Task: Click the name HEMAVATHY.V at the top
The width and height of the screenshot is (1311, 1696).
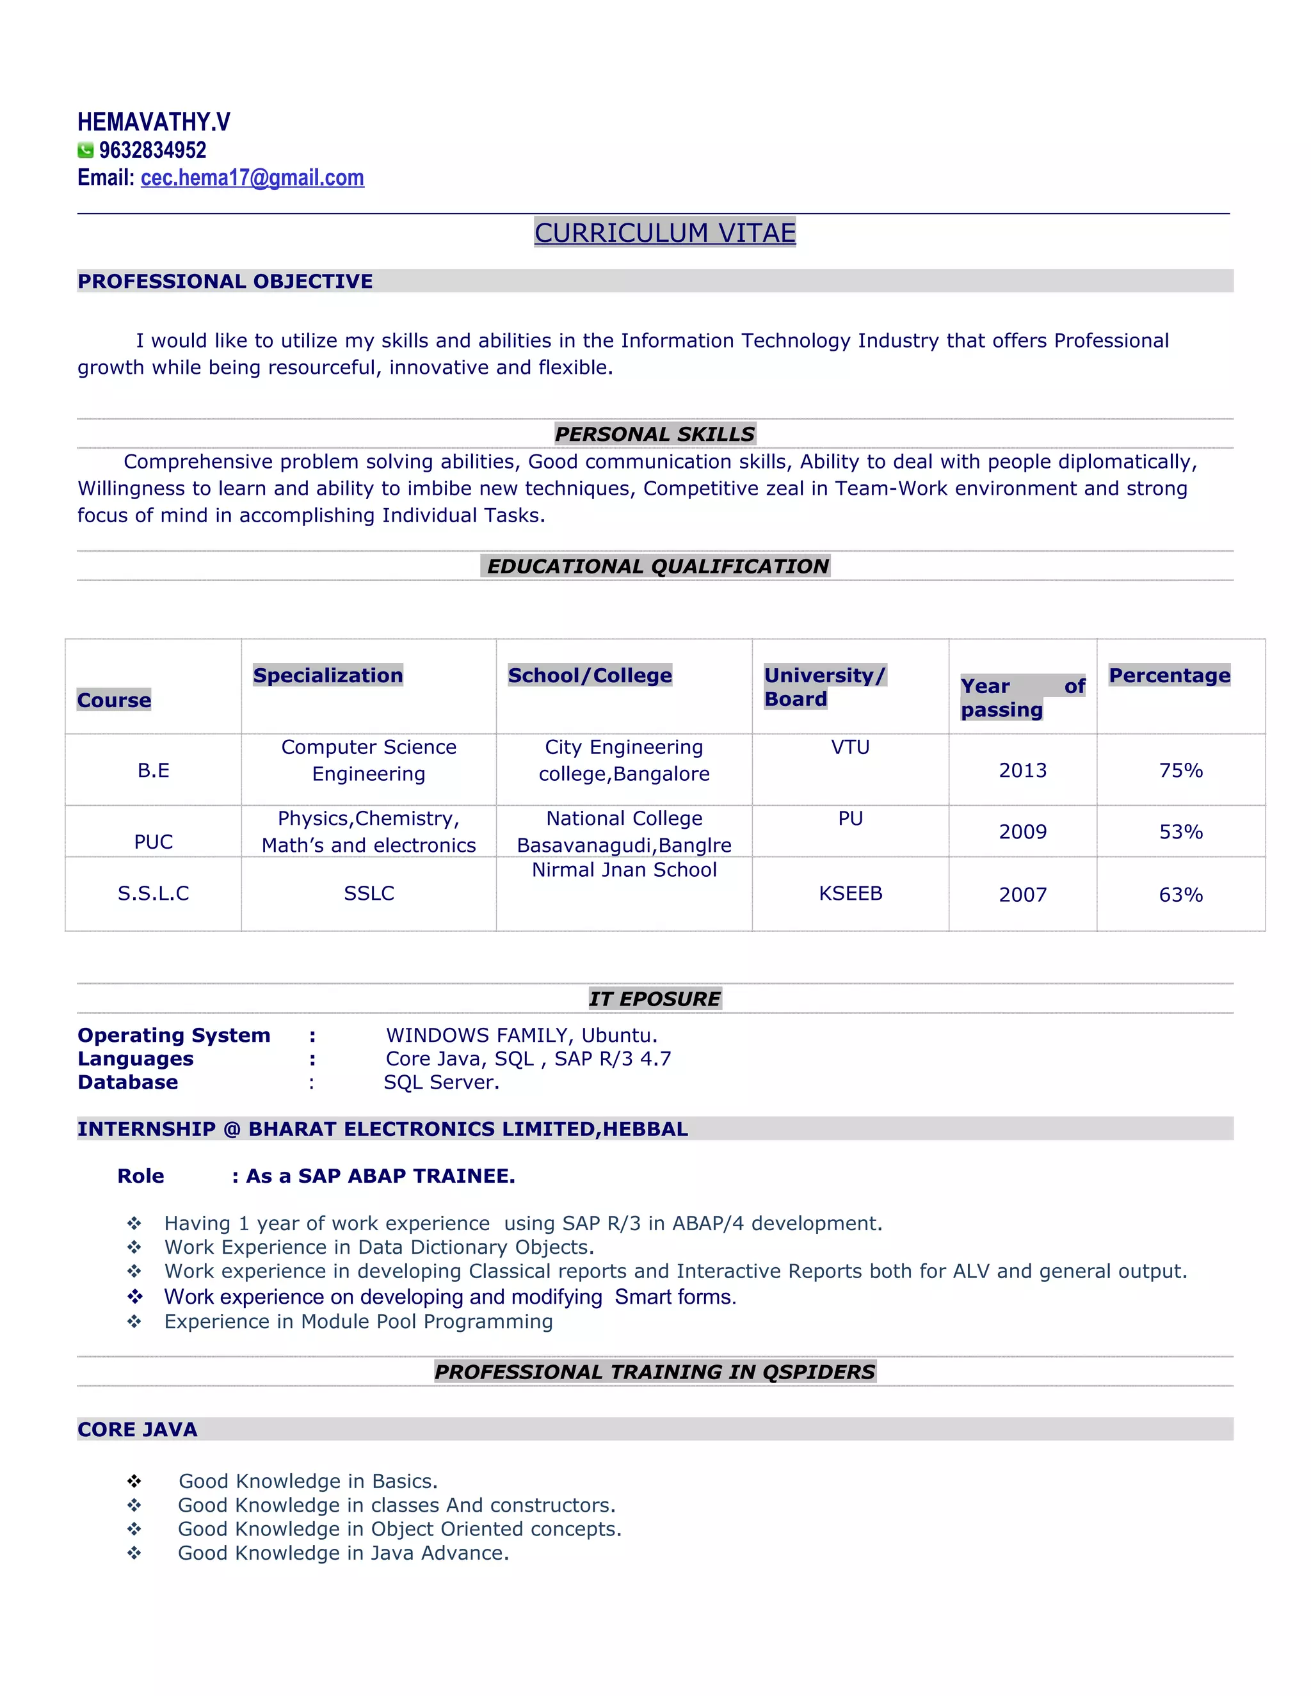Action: coord(154,122)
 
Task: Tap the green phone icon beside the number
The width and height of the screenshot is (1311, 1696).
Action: coord(85,150)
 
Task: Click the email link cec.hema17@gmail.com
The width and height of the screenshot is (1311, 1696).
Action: coord(252,178)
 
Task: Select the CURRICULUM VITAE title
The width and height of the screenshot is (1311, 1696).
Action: coord(665,232)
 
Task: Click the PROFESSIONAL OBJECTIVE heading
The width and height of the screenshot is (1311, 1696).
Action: coord(225,281)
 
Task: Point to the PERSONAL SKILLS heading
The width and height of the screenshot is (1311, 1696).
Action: coord(655,434)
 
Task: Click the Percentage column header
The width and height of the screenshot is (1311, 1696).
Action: coord(1169,676)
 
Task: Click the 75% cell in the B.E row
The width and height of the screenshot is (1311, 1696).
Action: coord(1180,771)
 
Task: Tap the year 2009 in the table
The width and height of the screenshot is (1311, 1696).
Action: coord(1022,832)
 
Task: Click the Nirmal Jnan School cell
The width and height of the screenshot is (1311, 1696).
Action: coord(623,870)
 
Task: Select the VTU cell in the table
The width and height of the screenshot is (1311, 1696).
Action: coord(851,747)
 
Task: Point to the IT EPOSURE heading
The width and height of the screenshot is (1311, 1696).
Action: coord(655,998)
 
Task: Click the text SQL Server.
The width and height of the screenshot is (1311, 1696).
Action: coord(441,1082)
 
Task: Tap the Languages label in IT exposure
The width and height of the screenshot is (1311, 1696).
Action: coord(136,1059)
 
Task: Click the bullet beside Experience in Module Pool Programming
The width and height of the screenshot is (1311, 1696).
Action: coord(134,1322)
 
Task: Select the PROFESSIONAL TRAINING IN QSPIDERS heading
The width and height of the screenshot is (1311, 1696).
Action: coord(655,1372)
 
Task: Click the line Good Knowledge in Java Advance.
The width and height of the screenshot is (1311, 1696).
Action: coord(343,1553)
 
